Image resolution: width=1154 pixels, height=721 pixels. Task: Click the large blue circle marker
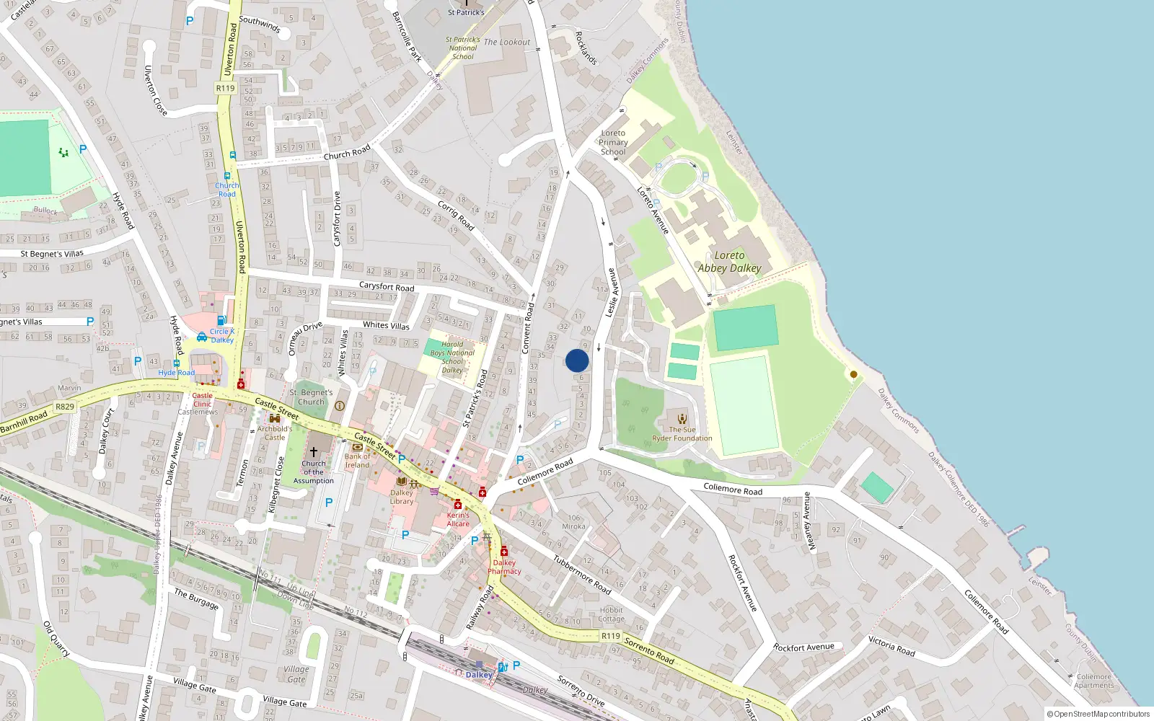577,360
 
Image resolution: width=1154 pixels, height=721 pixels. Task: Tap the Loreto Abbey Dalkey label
729,262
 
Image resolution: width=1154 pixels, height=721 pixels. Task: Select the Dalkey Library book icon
402,482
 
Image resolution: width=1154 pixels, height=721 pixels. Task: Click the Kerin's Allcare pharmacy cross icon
458,505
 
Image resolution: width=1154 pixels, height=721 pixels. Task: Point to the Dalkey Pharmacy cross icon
504,552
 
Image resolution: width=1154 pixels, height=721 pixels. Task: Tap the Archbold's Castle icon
275,418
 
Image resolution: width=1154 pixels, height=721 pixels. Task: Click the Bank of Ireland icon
357,447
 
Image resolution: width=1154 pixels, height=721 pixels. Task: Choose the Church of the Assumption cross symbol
314,451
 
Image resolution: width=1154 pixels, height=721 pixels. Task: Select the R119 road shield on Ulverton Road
225,88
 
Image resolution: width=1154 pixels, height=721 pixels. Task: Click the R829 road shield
65,407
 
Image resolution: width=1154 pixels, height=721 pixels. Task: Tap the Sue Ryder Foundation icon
682,418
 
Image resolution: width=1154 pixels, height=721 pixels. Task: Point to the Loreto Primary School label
613,142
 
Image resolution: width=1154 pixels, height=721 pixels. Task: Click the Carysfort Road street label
387,286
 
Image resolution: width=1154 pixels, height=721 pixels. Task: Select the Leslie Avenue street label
611,292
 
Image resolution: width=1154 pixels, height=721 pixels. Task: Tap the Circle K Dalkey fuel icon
222,321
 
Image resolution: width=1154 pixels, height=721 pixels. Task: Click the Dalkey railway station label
479,675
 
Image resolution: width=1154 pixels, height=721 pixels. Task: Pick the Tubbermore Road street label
582,575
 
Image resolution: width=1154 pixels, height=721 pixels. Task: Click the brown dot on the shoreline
854,374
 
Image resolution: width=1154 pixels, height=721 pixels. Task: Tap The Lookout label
506,43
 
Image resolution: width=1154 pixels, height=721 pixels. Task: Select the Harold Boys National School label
452,357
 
